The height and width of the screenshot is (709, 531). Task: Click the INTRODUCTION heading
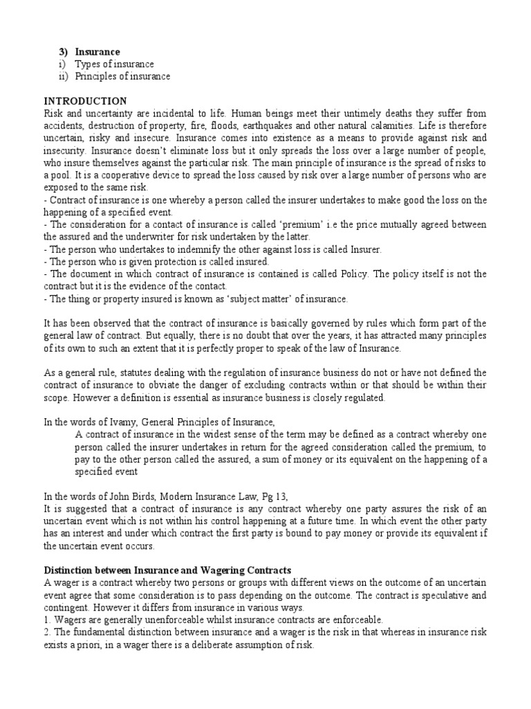85,101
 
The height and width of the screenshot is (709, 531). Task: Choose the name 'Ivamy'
111,422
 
